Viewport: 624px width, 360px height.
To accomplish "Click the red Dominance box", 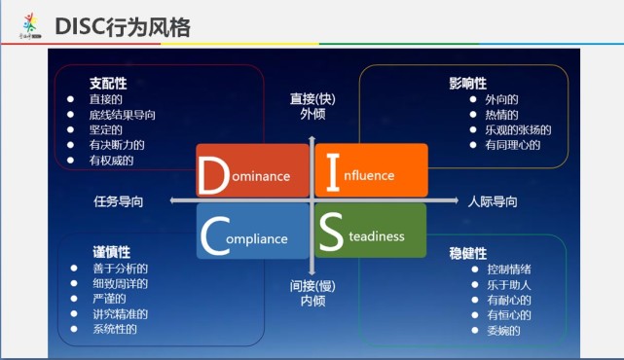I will [251, 171].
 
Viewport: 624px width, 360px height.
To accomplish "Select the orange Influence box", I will [370, 170].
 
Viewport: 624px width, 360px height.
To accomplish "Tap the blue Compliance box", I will [251, 232].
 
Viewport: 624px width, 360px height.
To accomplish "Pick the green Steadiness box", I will [370, 231].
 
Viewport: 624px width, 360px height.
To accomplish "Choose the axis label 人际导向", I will [493, 201].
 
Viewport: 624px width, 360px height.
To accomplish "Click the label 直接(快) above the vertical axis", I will [312, 98].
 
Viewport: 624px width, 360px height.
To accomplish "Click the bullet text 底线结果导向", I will [122, 115].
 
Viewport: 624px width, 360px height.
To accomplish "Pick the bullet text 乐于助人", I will [509, 284].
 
